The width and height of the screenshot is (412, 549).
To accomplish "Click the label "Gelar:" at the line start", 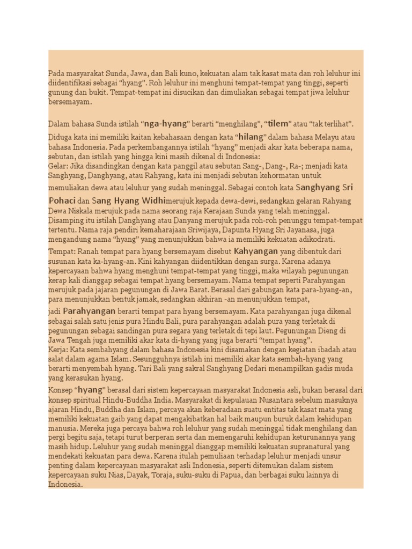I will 58,166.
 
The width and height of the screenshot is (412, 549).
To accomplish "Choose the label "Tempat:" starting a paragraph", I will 61,251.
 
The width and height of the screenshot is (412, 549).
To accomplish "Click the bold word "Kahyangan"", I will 255,251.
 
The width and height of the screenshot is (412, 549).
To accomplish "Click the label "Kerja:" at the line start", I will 57,350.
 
